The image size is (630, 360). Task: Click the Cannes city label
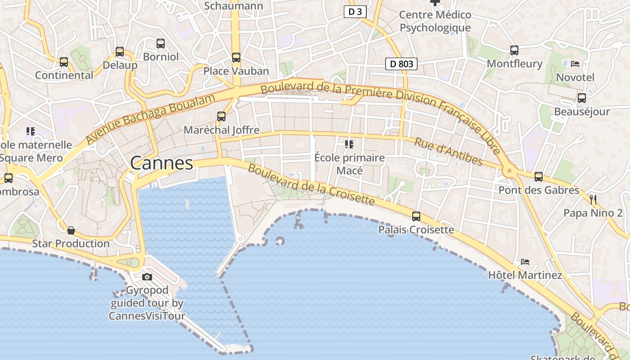click(162, 163)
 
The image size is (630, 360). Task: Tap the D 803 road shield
click(401, 64)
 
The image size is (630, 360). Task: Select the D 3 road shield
click(355, 12)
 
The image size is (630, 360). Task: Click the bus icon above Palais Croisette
click(416, 216)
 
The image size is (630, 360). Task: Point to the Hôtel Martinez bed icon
click(525, 261)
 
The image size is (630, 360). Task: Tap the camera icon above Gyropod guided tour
click(147, 277)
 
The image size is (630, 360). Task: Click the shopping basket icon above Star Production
click(71, 230)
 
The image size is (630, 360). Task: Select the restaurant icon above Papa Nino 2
click(593, 199)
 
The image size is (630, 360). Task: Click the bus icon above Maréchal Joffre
click(221, 117)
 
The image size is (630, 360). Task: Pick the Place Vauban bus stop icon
click(236, 58)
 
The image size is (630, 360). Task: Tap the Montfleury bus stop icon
click(514, 50)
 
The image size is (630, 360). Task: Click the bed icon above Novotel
click(575, 64)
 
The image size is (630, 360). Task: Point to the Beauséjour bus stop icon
click(582, 98)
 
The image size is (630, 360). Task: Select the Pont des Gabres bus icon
click(539, 177)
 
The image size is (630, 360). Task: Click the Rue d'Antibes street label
click(448, 152)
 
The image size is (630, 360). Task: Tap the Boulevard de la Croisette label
click(311, 184)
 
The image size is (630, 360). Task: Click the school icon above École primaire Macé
click(349, 144)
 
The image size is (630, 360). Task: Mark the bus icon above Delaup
click(120, 52)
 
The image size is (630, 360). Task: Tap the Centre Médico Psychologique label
click(435, 21)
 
